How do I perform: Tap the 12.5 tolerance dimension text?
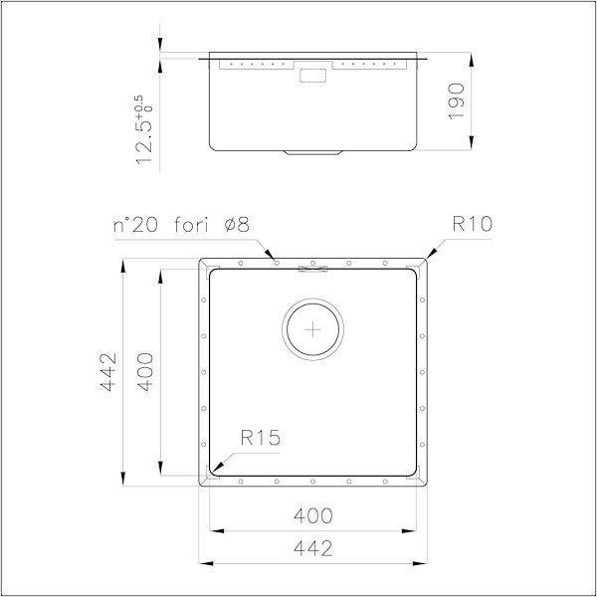pyautogui.click(x=144, y=139)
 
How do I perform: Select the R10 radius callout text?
pyautogui.click(x=472, y=226)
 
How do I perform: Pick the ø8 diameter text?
pyautogui.click(x=238, y=226)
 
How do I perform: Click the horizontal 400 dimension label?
pyautogui.click(x=314, y=515)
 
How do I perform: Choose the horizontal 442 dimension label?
pyautogui.click(x=314, y=548)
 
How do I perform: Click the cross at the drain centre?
pyautogui.click(x=314, y=327)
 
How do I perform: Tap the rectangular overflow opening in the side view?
pyautogui.click(x=315, y=73)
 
